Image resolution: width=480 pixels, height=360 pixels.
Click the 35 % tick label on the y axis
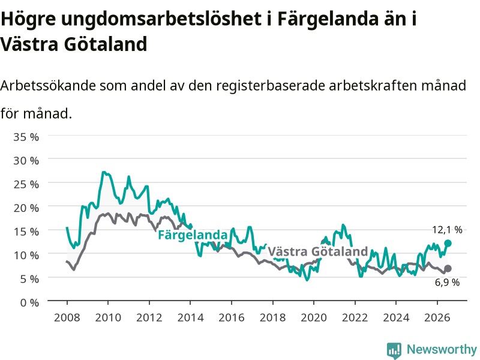pyautogui.click(x=26, y=137)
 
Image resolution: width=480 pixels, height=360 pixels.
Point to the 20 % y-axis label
pyautogui.click(x=26, y=208)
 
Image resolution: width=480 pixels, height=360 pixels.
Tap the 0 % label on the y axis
pyautogui.click(x=29, y=303)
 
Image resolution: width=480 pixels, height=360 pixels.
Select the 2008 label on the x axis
pyautogui.click(x=67, y=317)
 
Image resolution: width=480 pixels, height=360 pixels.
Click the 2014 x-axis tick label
pyautogui.click(x=190, y=317)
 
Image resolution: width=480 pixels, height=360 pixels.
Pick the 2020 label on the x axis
pyautogui.click(x=314, y=317)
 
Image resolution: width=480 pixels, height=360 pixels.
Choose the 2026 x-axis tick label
pyautogui.click(x=437, y=317)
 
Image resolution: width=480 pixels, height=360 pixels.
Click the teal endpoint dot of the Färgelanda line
pyautogui.click(x=448, y=244)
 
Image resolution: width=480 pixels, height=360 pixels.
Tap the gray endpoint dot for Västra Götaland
pyautogui.click(x=448, y=268)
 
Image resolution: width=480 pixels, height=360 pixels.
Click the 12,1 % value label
pyautogui.click(x=447, y=230)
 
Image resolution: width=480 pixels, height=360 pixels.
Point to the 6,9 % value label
pyautogui.click(x=447, y=282)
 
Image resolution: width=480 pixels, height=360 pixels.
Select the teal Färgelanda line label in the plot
pyautogui.click(x=193, y=235)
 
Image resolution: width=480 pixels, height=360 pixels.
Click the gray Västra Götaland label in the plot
pyautogui.click(x=318, y=251)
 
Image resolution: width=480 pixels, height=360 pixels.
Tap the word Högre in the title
pyautogui.click(x=28, y=19)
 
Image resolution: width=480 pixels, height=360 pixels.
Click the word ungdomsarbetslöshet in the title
pyautogui.click(x=161, y=19)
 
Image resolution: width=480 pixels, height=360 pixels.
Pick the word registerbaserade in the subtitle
pyautogui.click(x=271, y=86)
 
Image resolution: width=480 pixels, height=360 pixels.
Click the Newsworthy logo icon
pyautogui.click(x=394, y=350)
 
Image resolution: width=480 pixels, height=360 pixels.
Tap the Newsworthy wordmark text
pyautogui.click(x=442, y=349)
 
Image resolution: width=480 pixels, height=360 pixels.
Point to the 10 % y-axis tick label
pyautogui.click(x=26, y=256)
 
